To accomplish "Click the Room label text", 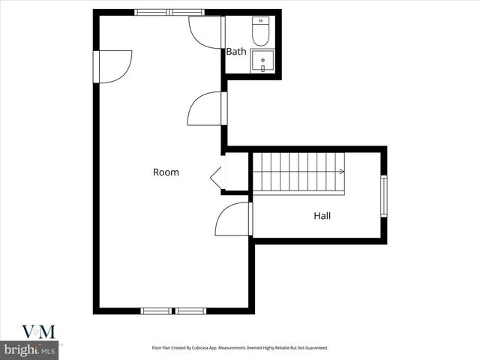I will [166, 172].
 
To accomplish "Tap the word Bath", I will [236, 52].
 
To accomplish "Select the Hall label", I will [322, 216].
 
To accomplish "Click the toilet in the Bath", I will [261, 32].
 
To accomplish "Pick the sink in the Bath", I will [262, 61].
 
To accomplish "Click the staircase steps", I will [298, 172].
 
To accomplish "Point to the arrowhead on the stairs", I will [342, 172].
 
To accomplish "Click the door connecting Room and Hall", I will [232, 219].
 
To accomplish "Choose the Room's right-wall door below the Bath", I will [205, 109].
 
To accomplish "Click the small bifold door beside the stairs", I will [217, 177].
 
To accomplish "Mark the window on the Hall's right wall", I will [383, 196].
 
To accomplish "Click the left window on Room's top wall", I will [152, 12].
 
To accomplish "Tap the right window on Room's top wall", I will [187, 12].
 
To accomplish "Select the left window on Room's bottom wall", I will [156, 310].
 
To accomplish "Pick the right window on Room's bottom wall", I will [191, 310].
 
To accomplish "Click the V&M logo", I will [37, 332].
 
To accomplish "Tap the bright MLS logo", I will [30, 350].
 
